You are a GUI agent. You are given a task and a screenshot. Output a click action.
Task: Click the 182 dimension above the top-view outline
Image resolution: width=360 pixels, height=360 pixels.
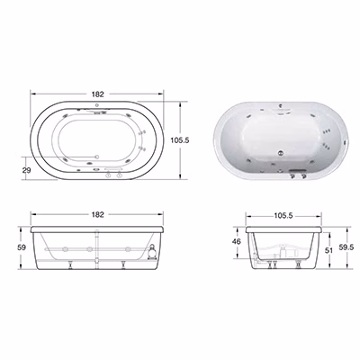click(x=97, y=94)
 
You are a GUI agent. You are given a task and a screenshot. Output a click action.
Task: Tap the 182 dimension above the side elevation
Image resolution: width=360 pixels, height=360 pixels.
click(x=97, y=214)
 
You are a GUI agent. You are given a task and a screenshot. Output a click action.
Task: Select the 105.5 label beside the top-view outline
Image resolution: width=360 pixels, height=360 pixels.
click(x=180, y=139)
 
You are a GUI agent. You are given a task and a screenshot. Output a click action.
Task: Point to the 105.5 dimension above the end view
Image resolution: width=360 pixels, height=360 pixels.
click(x=283, y=215)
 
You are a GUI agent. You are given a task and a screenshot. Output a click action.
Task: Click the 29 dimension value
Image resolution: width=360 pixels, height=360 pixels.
click(x=27, y=170)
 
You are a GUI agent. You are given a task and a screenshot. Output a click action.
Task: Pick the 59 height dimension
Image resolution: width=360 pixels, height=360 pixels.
click(x=22, y=247)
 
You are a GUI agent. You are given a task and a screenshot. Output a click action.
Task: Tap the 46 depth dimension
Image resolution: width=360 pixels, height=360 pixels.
click(x=237, y=241)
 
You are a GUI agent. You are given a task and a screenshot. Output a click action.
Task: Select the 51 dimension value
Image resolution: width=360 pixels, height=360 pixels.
click(x=329, y=250)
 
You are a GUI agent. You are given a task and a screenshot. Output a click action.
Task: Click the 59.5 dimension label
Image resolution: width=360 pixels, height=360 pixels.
click(x=347, y=247)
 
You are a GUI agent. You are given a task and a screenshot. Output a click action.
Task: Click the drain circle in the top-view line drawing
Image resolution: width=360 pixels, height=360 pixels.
click(x=96, y=157)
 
